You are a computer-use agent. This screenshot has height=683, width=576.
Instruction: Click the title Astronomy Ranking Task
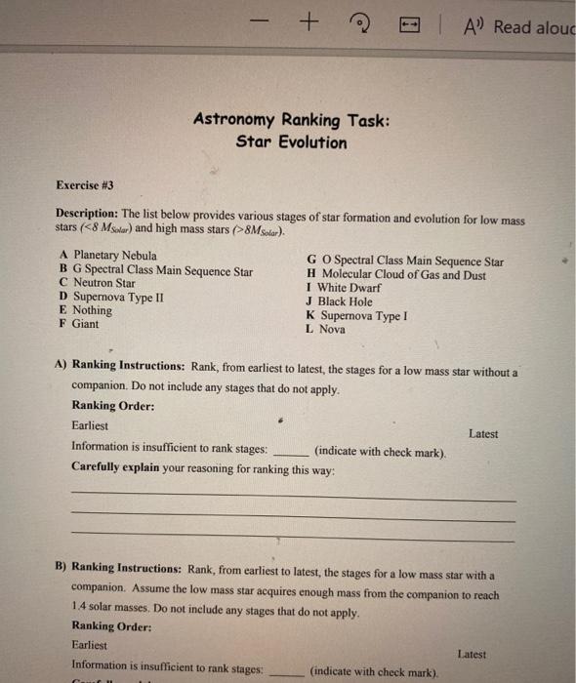(291, 120)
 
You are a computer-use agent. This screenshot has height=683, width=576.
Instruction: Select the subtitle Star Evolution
(291, 142)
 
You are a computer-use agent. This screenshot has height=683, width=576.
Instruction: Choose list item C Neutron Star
(98, 283)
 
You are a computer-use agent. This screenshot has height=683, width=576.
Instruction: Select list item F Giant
(79, 324)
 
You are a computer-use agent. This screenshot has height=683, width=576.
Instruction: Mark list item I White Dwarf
(343, 289)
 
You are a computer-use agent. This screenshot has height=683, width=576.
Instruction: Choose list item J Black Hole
(340, 302)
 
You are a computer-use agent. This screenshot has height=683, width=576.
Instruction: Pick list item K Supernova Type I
(356, 316)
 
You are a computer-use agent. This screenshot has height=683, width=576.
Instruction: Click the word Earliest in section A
(90, 425)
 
